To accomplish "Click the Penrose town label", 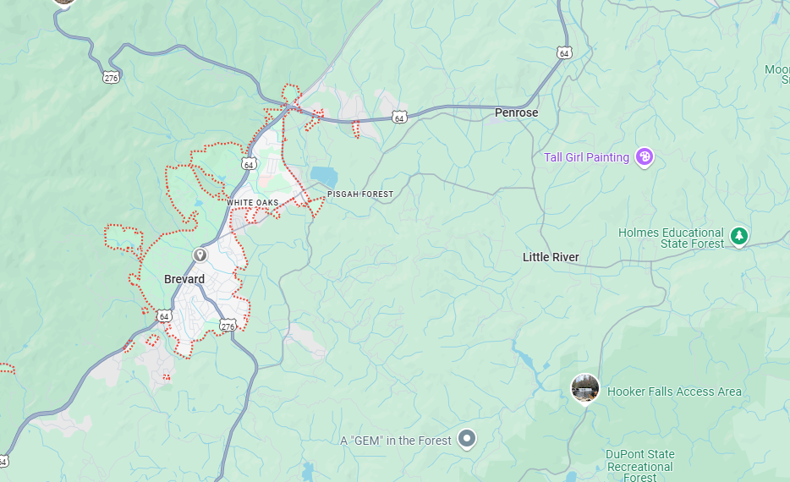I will click(516, 112).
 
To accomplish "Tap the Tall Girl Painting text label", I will click(586, 157).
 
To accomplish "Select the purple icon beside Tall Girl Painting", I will click(645, 157).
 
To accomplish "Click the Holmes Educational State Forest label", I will click(671, 238).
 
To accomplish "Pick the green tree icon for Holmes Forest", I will click(739, 236).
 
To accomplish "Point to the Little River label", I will click(551, 257).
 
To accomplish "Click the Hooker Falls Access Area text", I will click(674, 392).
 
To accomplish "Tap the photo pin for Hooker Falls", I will click(584, 389).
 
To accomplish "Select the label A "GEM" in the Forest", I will click(396, 441).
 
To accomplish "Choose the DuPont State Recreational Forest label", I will click(639, 466).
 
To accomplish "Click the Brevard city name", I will click(184, 279).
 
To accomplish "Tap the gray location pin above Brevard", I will click(200, 255).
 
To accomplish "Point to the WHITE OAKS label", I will click(252, 203).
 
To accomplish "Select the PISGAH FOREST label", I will click(360, 194).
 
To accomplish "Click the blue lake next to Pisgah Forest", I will click(324, 176).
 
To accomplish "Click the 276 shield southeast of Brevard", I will click(228, 326).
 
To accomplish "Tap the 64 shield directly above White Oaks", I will click(249, 164).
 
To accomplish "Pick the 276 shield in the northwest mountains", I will click(112, 77).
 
